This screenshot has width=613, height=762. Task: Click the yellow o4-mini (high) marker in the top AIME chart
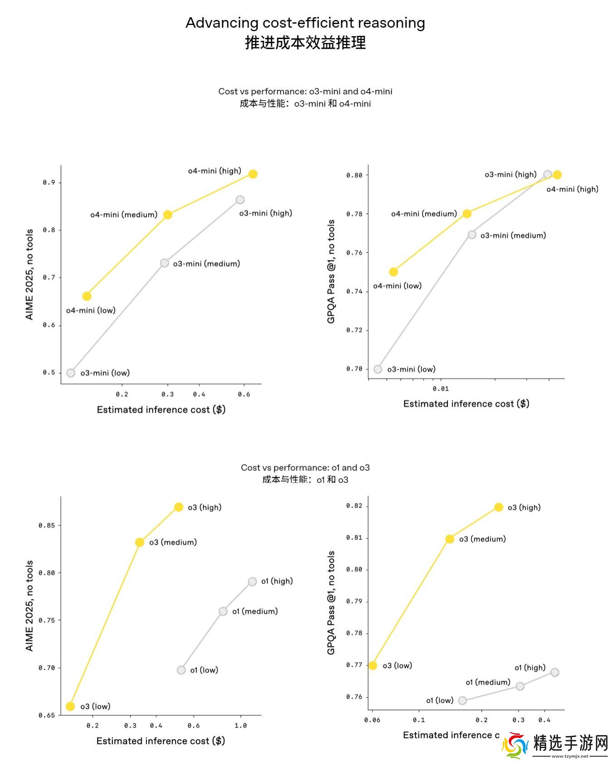(253, 174)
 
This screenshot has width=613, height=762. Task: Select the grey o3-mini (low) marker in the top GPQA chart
(378, 369)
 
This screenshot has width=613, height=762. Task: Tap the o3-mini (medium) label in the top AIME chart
(206, 264)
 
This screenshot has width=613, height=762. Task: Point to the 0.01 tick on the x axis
(440, 389)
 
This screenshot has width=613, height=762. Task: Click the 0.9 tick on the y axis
(49, 182)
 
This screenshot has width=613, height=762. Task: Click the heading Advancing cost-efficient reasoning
(305, 23)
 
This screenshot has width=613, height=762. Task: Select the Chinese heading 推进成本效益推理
(305, 43)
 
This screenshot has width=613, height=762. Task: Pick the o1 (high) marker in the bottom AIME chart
(253, 581)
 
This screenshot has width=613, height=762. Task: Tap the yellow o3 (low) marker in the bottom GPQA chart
(373, 665)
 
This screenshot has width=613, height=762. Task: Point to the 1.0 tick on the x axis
(240, 725)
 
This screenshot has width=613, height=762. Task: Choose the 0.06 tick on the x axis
(372, 720)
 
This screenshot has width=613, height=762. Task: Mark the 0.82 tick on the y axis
(354, 506)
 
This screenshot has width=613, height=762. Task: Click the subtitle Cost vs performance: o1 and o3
(305, 468)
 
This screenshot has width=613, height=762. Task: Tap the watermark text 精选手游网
(571, 742)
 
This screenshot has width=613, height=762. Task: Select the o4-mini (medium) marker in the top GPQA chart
(467, 214)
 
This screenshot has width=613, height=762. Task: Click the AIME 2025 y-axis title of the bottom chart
(29, 606)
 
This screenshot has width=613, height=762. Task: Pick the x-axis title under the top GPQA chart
(466, 404)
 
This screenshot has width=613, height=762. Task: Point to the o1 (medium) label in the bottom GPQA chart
(488, 682)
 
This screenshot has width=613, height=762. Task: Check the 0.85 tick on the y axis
(47, 525)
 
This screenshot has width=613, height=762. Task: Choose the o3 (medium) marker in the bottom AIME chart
(140, 542)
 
